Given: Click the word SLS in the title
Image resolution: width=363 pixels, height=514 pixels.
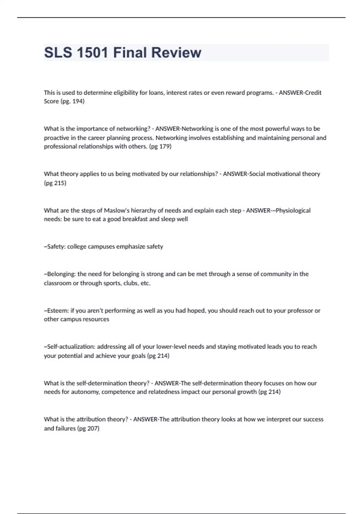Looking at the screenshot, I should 58,53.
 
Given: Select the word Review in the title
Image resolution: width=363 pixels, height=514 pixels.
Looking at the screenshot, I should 176,53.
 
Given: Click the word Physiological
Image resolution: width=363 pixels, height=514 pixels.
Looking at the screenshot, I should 293,210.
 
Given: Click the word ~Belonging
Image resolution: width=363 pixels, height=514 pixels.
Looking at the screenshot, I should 59,274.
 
